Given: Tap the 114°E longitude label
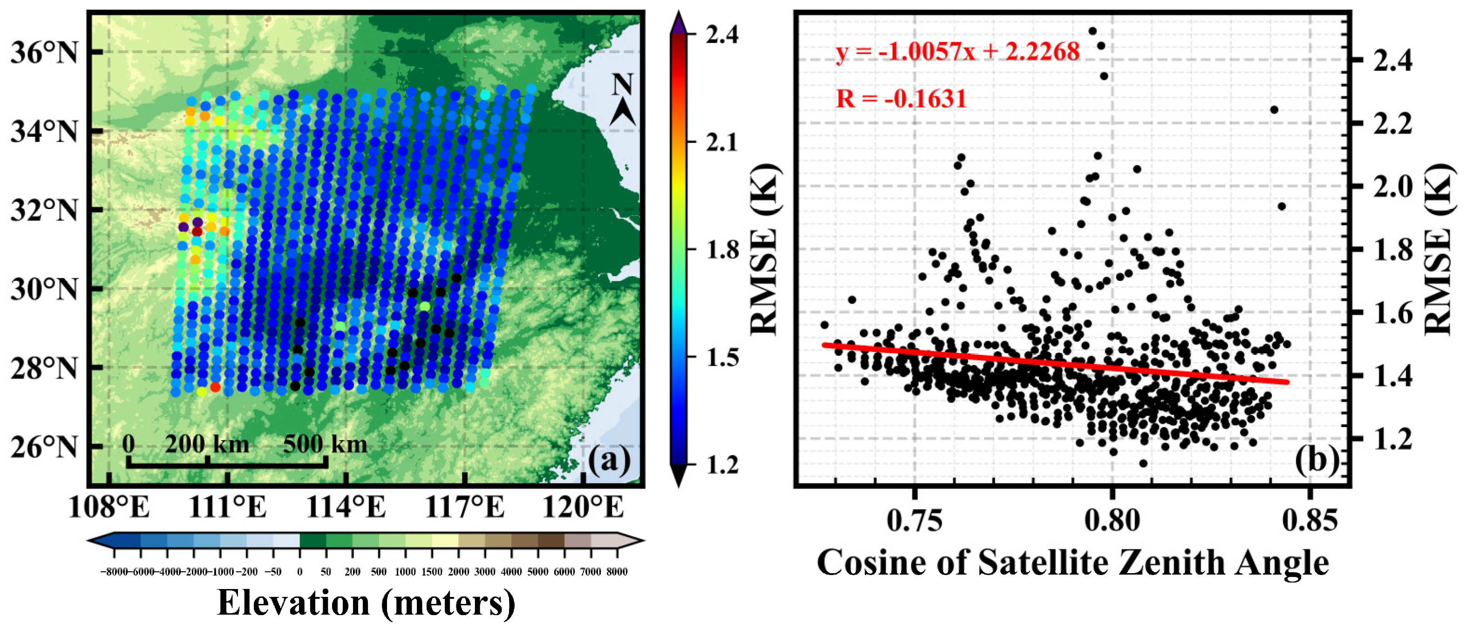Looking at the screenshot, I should point(346,507).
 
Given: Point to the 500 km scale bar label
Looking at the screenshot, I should point(325,444).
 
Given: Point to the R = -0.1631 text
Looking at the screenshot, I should point(901,99).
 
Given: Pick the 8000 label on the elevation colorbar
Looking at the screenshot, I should point(617,572).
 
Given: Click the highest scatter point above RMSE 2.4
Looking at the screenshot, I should point(1092,31).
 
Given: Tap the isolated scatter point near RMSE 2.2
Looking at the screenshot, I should point(1275,110).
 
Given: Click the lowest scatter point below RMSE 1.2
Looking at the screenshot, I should point(1143,463).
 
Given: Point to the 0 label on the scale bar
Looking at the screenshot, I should point(129,444).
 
